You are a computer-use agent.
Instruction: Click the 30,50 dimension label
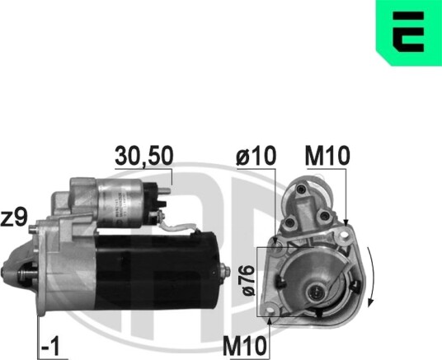[143, 156]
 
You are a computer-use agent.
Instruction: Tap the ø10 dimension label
[256, 156]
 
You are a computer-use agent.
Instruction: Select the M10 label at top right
[327, 156]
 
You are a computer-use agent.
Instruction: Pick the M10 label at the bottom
[245, 346]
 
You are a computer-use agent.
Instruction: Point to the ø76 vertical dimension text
[249, 281]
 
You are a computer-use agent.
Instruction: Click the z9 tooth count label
[14, 218]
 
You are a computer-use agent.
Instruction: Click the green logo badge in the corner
[409, 33]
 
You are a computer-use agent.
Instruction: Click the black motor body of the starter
[157, 271]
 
